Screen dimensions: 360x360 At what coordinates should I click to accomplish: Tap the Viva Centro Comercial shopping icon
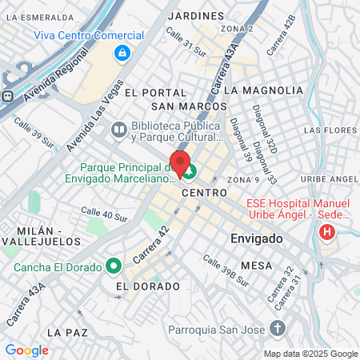pyautogui.click(x=122, y=54)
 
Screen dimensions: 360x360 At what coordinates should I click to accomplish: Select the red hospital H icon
pyautogui.click(x=326, y=233)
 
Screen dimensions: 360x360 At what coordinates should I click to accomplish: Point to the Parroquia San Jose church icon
pyautogui.click(x=277, y=327)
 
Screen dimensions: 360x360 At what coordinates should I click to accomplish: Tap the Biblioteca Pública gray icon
pyautogui.click(x=118, y=128)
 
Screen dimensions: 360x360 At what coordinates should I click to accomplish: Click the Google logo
pyautogui.click(x=26, y=350)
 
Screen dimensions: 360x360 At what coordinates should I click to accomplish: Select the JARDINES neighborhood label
pyautogui.click(x=198, y=15)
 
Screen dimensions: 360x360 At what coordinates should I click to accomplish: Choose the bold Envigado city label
pyautogui.click(x=257, y=239)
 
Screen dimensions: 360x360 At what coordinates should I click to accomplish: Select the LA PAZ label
pyautogui.click(x=66, y=331)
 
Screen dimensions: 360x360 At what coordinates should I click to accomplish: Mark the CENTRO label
pyautogui.click(x=205, y=193)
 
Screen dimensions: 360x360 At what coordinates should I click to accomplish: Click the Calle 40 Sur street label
pyautogui.click(x=104, y=214)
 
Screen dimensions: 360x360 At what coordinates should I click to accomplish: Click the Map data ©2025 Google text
pyautogui.click(x=311, y=354)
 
